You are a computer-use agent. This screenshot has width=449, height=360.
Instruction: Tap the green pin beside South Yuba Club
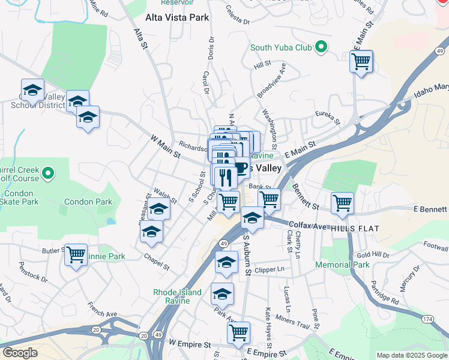321,47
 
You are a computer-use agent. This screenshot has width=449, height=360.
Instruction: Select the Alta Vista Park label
177,17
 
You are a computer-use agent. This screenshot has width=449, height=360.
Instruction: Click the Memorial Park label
342,265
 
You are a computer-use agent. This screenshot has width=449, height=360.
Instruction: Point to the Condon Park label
88,202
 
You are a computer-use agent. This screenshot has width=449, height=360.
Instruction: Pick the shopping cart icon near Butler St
76,255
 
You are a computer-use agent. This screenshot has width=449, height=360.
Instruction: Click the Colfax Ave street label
306,226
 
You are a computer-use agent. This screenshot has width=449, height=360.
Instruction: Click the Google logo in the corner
20,353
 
